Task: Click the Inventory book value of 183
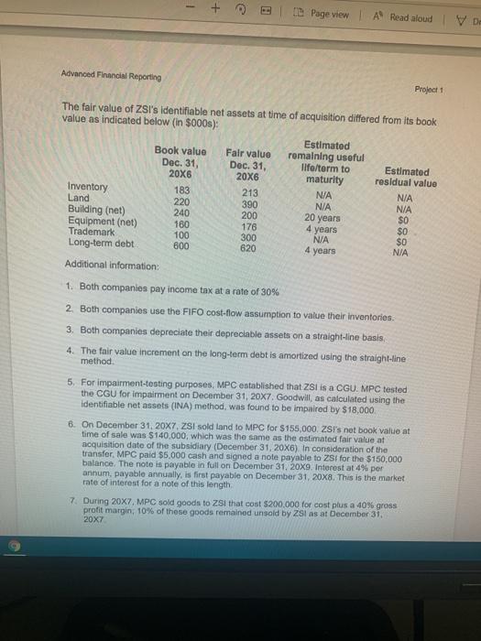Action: coord(182,190)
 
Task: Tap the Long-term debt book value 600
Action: coord(182,244)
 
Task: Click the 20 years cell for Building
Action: coord(323,216)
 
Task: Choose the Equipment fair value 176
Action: coord(246,226)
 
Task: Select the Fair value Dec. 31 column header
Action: coord(247,164)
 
